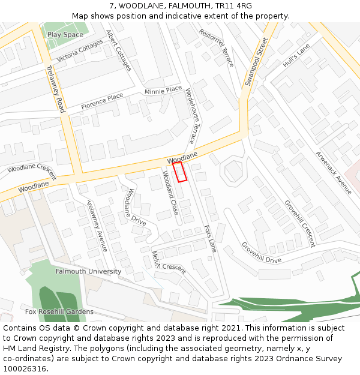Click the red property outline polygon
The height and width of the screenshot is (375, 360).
pos(180,172)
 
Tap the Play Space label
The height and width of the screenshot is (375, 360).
pos(65,35)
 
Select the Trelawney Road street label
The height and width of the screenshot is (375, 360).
pos(55,89)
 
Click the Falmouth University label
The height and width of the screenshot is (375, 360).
pos(88,271)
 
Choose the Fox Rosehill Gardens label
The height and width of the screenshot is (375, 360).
pos(59,311)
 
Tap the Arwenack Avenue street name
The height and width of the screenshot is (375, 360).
pos(334,172)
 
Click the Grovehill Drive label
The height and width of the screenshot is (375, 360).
pos(261,253)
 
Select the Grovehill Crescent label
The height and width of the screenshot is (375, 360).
pos(299,223)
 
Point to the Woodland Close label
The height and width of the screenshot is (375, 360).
pos(170,193)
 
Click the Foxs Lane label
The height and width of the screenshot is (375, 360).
pos(211,238)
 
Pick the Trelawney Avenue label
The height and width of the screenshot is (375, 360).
pos(97,225)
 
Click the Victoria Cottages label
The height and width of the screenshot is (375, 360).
pos(80,51)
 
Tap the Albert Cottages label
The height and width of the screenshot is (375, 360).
pos(118,50)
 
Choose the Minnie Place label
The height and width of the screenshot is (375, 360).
pos(163,90)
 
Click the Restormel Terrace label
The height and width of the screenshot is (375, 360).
pos(217,47)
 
